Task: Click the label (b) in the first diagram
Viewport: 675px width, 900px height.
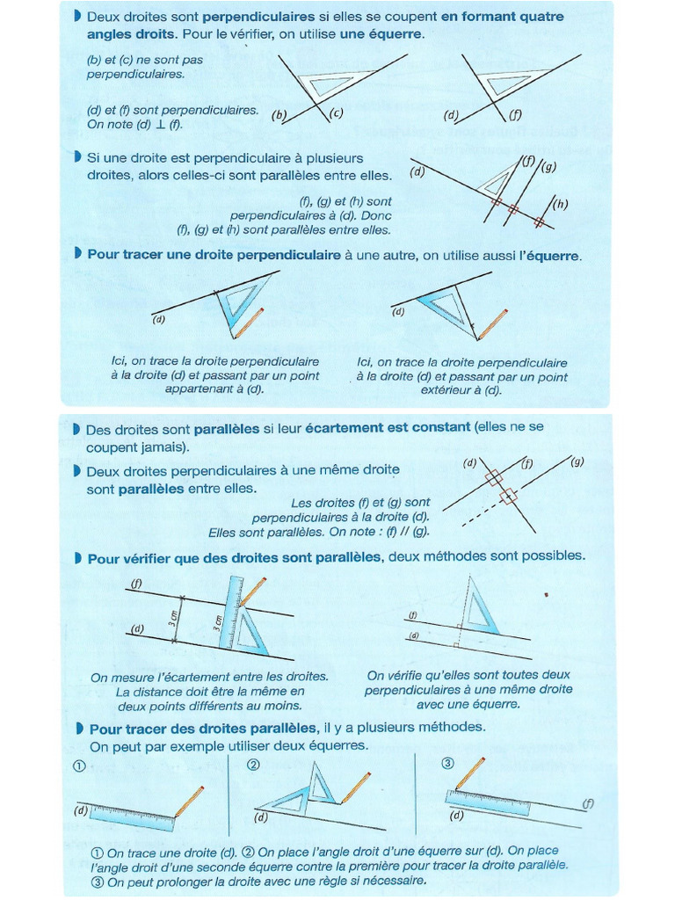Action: [279, 115]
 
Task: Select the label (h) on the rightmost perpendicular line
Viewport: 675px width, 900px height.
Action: [559, 205]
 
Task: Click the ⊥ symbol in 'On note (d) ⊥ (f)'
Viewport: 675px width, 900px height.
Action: [159, 125]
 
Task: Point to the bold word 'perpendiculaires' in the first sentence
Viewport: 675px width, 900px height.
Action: [258, 17]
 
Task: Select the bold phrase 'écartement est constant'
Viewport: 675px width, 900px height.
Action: [388, 428]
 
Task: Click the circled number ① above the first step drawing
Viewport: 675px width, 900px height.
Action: [79, 765]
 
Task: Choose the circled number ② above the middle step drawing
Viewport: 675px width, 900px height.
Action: [253, 765]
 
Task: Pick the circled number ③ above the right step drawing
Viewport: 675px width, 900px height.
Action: [446, 763]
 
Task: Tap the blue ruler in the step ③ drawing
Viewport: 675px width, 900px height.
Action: [488, 802]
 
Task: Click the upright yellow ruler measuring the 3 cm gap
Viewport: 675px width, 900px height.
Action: [232, 615]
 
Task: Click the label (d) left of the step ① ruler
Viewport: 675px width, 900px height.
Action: [81, 810]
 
